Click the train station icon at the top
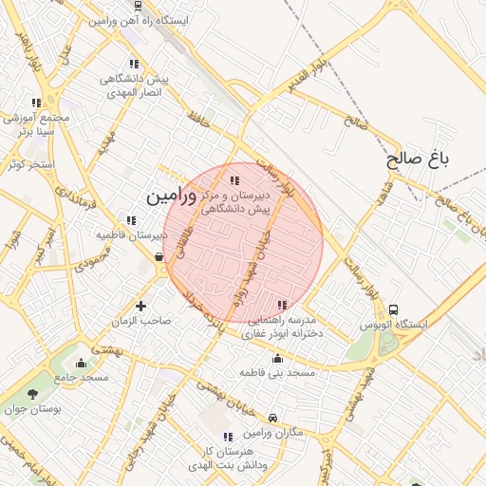(139, 6)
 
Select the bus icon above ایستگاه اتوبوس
(393, 309)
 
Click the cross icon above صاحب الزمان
(141, 306)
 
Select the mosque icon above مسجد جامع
(81, 363)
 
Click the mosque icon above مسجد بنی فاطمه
(277, 359)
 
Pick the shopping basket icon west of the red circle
(159, 256)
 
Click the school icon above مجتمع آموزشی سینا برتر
(36, 103)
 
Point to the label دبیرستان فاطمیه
(132, 234)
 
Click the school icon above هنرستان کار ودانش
(226, 437)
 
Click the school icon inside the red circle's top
(234, 180)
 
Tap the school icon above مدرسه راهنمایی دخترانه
(281, 305)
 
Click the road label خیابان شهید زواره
(251, 271)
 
